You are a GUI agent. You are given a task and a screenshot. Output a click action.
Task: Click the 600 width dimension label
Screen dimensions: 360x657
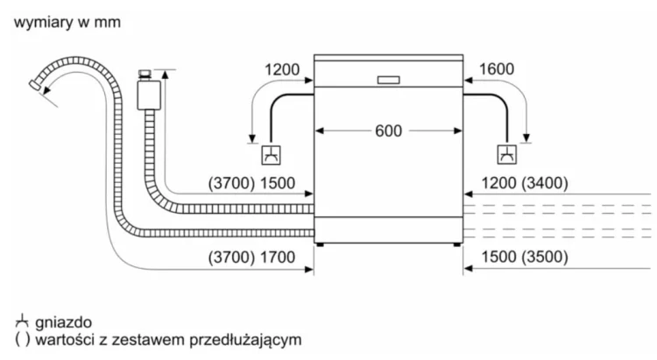click(388, 131)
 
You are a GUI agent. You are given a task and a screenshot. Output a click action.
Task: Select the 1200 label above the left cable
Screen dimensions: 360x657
click(281, 70)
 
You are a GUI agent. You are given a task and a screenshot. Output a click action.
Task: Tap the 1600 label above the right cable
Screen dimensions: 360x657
click(496, 70)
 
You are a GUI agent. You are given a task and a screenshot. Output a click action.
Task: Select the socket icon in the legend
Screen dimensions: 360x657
click(21, 322)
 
